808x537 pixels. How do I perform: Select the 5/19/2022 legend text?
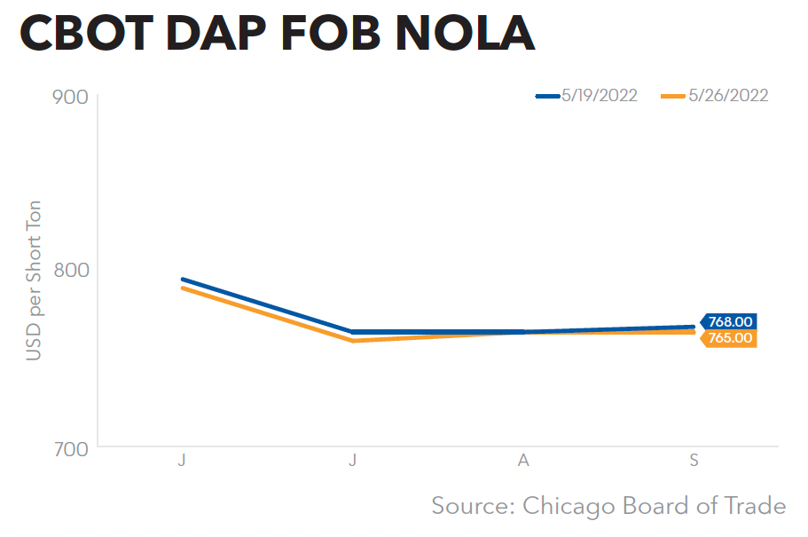click(600, 96)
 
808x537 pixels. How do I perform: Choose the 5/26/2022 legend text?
click(728, 96)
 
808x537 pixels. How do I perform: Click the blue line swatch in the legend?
click(547, 96)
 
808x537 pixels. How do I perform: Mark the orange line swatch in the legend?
click(675, 96)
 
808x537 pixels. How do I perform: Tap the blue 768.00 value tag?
click(729, 322)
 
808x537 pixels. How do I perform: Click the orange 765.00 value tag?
click(729, 338)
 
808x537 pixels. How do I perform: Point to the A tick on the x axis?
click(523, 461)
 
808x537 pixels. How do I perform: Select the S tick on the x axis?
click(694, 461)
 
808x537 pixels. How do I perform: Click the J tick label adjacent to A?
click(353, 461)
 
